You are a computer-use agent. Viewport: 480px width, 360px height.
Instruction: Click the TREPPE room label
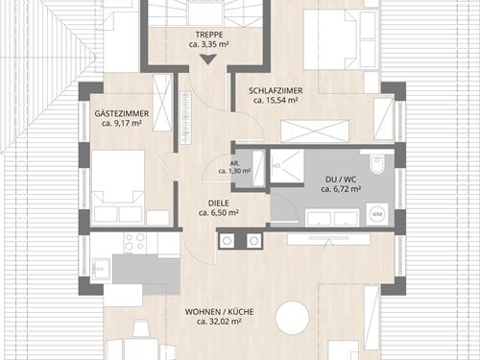[x=209, y=35]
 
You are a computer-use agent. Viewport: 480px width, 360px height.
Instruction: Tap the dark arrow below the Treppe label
[x=208, y=60]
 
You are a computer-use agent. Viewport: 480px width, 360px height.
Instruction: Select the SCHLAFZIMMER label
[x=276, y=91]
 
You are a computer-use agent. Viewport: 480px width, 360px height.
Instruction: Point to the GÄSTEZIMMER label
[x=122, y=113]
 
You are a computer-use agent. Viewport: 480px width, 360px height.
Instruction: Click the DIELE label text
[x=219, y=204]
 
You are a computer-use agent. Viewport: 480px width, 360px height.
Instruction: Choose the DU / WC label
[x=341, y=180]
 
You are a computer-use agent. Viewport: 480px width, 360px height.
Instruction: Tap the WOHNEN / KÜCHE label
[x=219, y=312]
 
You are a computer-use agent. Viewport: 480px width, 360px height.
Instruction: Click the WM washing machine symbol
[x=377, y=214]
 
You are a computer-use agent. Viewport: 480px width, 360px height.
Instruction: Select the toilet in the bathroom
[x=375, y=164]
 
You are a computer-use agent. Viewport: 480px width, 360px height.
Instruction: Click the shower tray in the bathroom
[x=286, y=166]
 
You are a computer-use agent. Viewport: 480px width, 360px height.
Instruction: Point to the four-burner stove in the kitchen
[x=134, y=242]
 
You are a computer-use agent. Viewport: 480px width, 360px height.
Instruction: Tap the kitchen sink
[x=102, y=268]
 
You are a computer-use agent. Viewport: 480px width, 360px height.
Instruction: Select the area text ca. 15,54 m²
[x=276, y=101]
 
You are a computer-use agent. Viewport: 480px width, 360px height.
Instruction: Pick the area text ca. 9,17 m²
[x=122, y=123]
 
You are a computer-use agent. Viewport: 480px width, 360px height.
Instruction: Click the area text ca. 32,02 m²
[x=219, y=322]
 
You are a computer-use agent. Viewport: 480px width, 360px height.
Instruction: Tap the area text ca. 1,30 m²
[x=234, y=171]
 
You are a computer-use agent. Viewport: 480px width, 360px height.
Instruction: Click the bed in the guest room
[x=118, y=186]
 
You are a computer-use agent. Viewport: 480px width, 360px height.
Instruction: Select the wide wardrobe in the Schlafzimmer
[x=315, y=131]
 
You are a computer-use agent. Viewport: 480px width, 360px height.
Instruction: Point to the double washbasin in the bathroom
[x=332, y=217]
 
